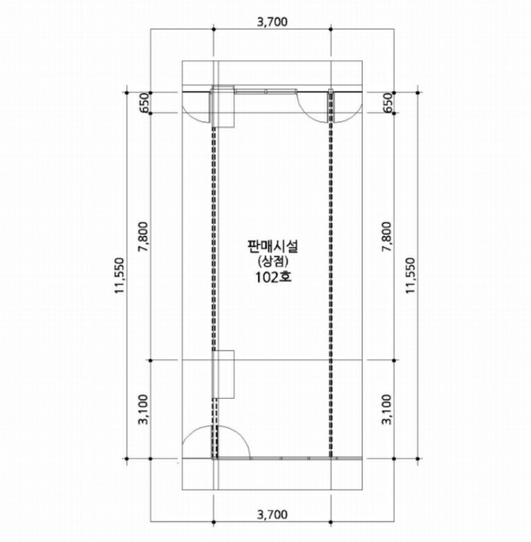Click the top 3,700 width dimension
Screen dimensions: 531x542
tap(272, 22)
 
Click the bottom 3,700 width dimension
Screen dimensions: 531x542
tap(272, 515)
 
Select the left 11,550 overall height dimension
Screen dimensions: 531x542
tap(119, 276)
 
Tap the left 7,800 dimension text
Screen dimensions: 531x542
tap(143, 237)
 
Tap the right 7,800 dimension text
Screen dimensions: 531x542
tap(387, 237)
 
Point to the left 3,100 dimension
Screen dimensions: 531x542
tap(143, 410)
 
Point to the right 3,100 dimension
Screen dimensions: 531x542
tap(387, 410)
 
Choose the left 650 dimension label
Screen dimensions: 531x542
tap(144, 103)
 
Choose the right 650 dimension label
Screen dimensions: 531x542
tap(388, 103)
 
